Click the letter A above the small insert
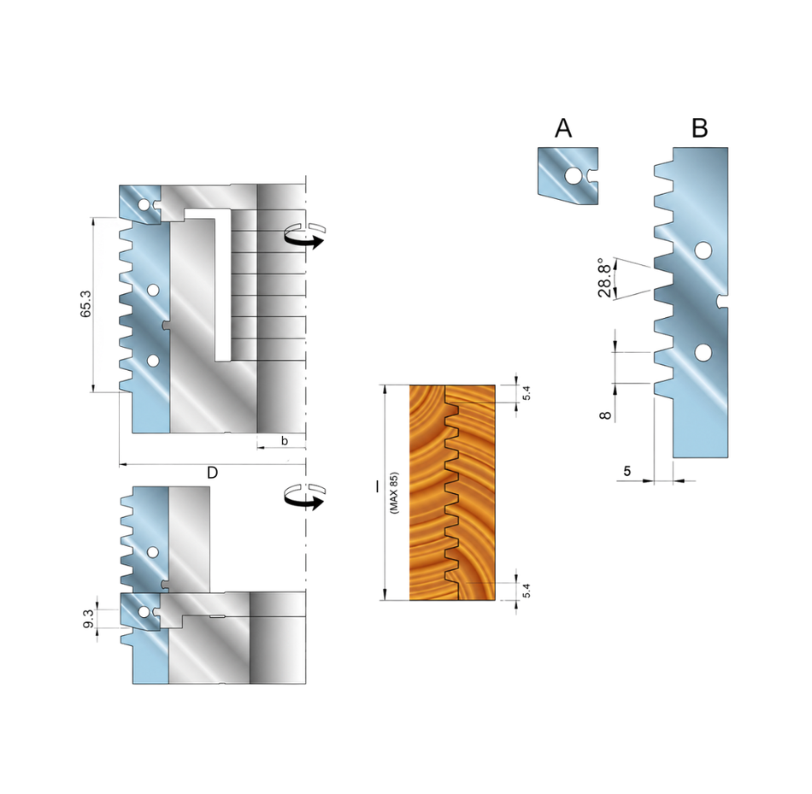click(x=563, y=128)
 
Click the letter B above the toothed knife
click(x=700, y=128)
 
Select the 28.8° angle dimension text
click(x=604, y=278)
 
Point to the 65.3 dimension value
click(x=86, y=304)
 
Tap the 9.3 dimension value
click(x=89, y=619)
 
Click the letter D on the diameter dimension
click(x=212, y=473)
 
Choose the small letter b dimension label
click(x=285, y=441)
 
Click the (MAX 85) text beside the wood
click(x=395, y=492)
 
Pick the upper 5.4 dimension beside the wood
click(x=527, y=393)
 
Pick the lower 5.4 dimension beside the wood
click(x=527, y=591)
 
